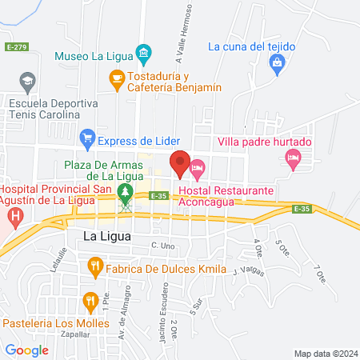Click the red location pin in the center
point(180,163)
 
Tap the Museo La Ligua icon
point(144,55)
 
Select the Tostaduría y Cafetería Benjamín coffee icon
point(115,77)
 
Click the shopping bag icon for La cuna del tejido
point(277,62)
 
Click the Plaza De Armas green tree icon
point(125,192)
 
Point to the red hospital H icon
point(14,215)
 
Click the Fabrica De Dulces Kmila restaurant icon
point(95,265)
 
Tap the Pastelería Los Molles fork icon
point(90,302)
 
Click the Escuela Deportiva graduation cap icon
point(28,81)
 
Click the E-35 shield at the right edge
point(301,209)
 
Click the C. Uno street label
point(162,245)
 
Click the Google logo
point(26,350)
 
